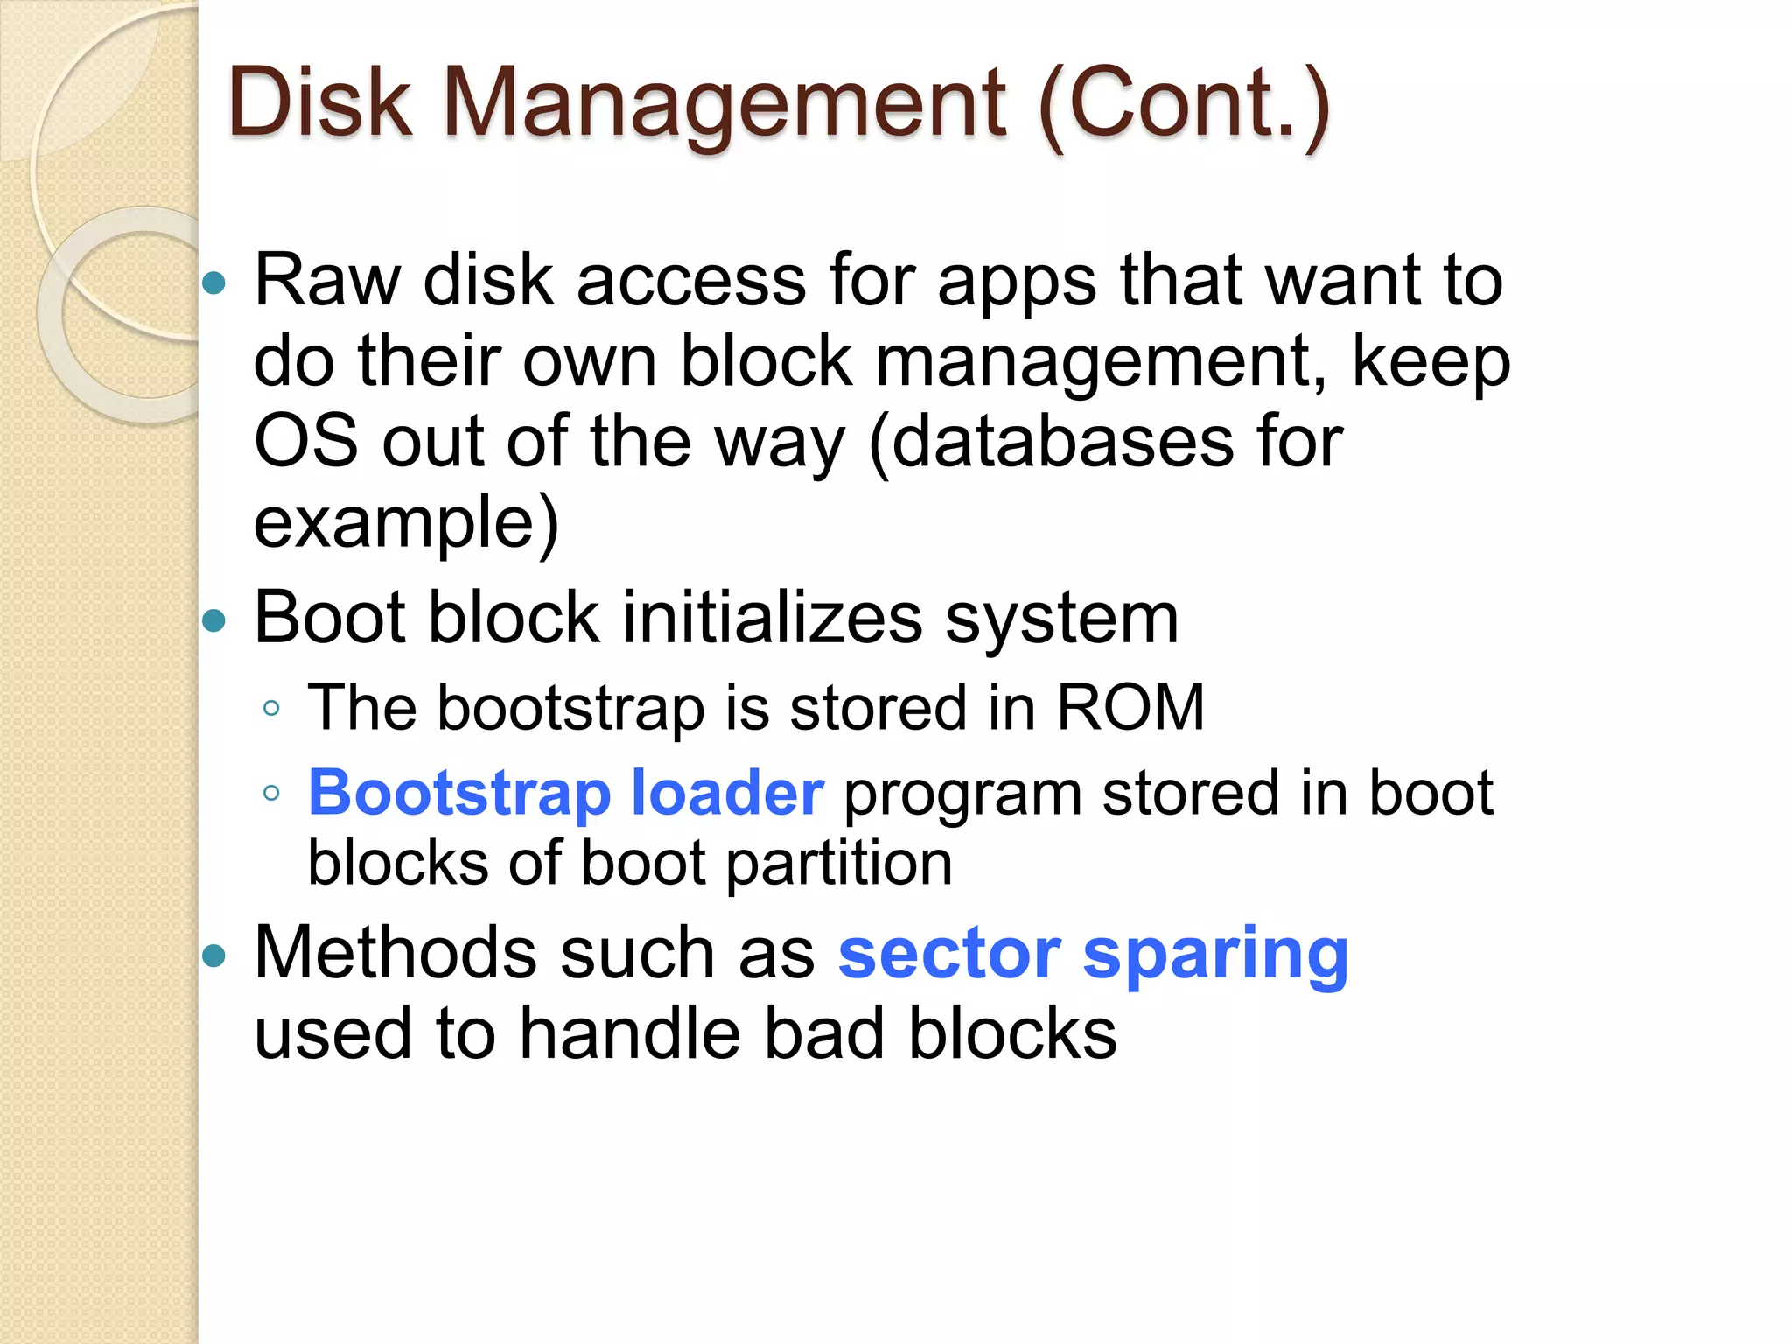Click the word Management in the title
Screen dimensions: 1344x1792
pos(725,105)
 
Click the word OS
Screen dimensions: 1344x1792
pos(305,442)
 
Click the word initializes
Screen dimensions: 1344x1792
pos(772,618)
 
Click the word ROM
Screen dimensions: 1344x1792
pos(1130,707)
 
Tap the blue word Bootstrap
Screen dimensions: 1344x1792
pos(459,794)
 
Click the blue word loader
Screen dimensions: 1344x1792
pos(727,793)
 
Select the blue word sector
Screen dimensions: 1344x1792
pos(949,953)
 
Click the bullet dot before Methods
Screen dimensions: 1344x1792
pos(213,955)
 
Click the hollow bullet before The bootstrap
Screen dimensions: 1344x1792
pos(271,708)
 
